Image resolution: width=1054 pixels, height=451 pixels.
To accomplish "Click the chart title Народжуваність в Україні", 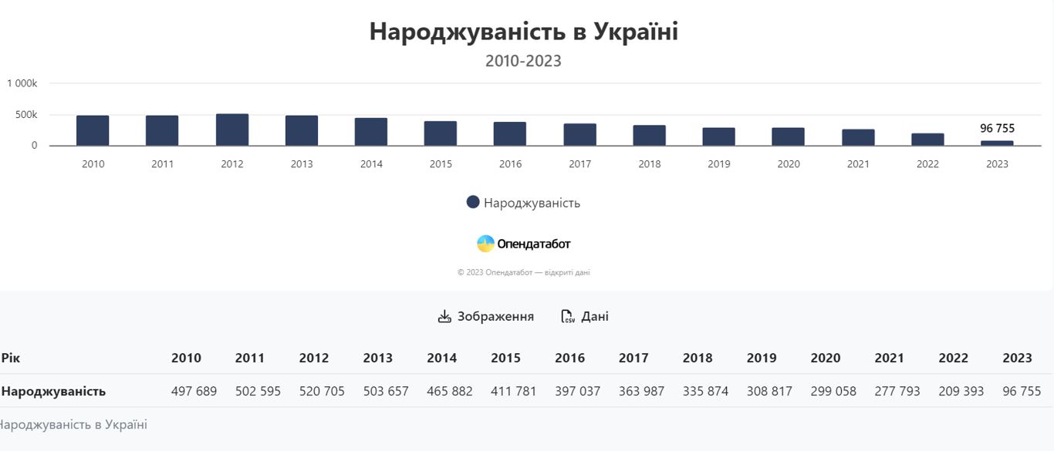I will [523, 32].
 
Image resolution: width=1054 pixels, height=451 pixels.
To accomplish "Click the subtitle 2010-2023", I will [523, 61].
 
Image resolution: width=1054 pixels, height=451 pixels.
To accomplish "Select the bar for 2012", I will [232, 130].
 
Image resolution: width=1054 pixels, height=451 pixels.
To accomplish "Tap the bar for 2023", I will [997, 143].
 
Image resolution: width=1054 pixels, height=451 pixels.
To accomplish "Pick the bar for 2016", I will [510, 134].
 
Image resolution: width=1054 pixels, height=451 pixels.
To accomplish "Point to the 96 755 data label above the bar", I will [997, 128].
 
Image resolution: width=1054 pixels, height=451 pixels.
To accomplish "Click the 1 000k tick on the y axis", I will [22, 83].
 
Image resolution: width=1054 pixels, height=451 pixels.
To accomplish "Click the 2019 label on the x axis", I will [718, 164].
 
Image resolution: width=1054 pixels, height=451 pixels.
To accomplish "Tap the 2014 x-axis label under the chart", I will [371, 164].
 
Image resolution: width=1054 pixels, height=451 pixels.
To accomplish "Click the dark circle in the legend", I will [473, 202].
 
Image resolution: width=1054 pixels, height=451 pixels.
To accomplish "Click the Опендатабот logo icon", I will [485, 244].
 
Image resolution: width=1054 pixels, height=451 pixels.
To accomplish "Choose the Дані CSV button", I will [584, 316].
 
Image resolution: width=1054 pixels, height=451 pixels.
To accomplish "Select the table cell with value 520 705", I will [322, 391].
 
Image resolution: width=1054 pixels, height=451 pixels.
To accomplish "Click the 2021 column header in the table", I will [889, 358].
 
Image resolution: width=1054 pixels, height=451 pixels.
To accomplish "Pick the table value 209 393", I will [961, 391].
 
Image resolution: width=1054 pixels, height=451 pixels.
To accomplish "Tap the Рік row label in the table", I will [11, 358].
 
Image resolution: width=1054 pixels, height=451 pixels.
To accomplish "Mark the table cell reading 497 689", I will [194, 391].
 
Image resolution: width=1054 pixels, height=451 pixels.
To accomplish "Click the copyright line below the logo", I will [523, 272].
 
